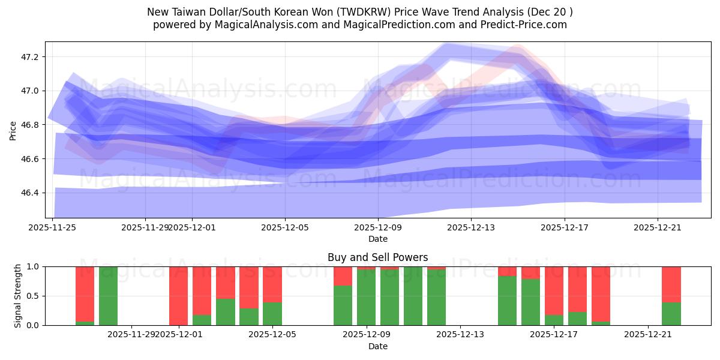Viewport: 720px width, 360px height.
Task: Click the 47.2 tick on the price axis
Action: pyautogui.click(x=29, y=57)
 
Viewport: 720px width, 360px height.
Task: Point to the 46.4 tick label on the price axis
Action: pyautogui.click(x=29, y=193)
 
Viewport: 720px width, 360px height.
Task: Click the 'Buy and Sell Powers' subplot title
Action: pyautogui.click(x=377, y=257)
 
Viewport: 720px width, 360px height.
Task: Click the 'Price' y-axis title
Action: pyautogui.click(x=13, y=130)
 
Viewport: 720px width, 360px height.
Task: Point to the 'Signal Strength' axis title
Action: pyautogui.click(x=18, y=296)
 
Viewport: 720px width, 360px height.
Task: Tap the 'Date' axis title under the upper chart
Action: pyautogui.click(x=377, y=239)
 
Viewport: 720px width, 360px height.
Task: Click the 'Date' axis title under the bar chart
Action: pyautogui.click(x=377, y=346)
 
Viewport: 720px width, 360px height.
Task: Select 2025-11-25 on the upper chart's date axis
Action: pyautogui.click(x=53, y=227)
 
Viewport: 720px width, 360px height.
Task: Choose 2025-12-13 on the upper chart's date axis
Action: pyautogui.click(x=471, y=227)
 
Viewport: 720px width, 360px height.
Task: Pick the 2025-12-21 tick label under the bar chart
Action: pyautogui.click(x=648, y=334)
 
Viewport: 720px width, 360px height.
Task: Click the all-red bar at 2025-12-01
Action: pyautogui.click(x=178, y=295)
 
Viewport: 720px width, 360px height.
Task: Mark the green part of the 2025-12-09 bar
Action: pyautogui.click(x=366, y=298)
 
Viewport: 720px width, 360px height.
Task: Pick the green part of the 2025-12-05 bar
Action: pyautogui.click(x=272, y=314)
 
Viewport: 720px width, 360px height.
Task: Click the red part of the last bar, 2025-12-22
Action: pyautogui.click(x=671, y=284)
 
